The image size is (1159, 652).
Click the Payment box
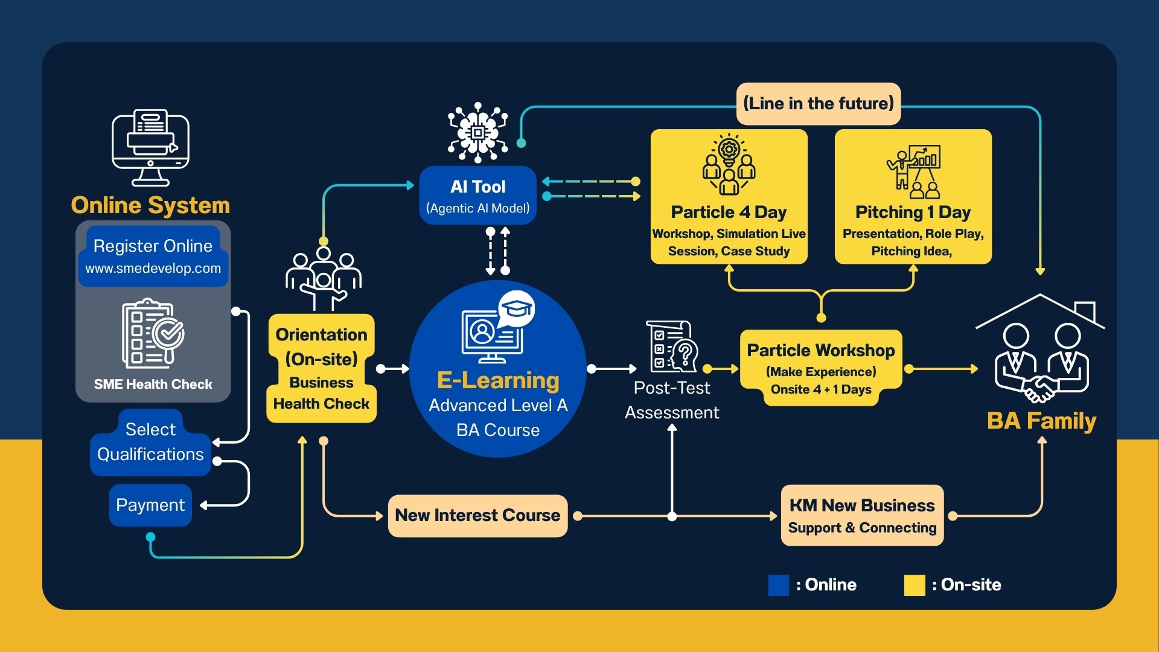[x=150, y=505]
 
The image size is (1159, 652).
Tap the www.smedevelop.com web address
[x=153, y=268]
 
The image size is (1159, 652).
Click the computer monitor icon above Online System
[x=150, y=148]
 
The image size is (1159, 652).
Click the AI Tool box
[x=477, y=196]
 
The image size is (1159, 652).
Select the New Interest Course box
[x=477, y=516]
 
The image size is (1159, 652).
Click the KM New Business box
[x=862, y=516]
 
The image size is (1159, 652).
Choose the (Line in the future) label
[x=819, y=104]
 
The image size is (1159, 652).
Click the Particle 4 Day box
[x=729, y=197]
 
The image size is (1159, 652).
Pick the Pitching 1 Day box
[x=913, y=197]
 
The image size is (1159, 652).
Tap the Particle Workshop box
[x=821, y=368]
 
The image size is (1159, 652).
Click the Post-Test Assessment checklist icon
[x=672, y=346]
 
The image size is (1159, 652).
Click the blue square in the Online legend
[x=778, y=585]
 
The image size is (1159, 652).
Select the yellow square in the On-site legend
[x=915, y=585]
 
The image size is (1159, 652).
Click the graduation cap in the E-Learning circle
[x=517, y=309]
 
